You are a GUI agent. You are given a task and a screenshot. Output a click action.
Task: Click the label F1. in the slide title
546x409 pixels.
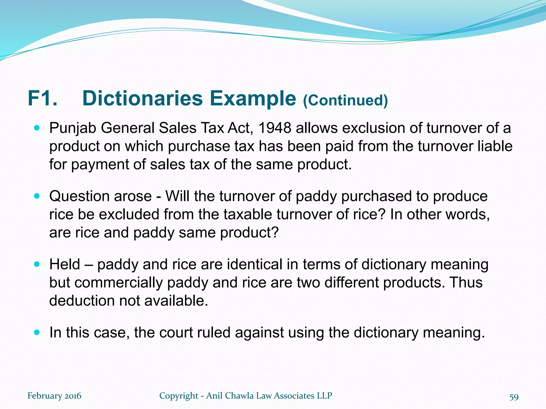pos(42,99)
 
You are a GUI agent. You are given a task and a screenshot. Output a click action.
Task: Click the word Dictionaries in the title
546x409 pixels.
pos(142,99)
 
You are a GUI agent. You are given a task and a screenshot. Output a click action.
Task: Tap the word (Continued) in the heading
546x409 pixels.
pos(345,100)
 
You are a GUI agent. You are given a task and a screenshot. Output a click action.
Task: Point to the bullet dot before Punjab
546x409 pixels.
pos(37,128)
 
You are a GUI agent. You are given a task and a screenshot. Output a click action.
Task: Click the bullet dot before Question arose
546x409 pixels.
pos(37,197)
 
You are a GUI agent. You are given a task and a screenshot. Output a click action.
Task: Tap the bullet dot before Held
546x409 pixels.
pos(37,265)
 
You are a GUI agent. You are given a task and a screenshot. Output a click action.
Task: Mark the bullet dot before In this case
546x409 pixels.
pos(37,333)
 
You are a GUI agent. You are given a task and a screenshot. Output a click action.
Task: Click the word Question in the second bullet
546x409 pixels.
pos(79,197)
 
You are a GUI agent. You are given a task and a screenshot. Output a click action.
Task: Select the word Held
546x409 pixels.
pos(65,264)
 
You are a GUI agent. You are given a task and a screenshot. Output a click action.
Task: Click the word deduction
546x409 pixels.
pos(82,301)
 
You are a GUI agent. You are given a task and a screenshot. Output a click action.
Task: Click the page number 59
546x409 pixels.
pos(514,397)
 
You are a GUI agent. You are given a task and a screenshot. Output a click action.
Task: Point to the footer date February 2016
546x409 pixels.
pos(54,396)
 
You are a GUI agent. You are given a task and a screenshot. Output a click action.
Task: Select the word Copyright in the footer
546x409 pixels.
pos(179,396)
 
